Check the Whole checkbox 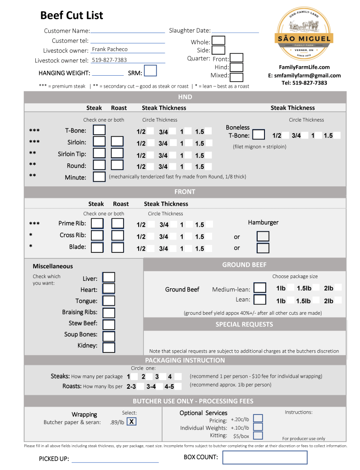[219, 41]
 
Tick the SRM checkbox [151, 71]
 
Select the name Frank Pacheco [110, 49]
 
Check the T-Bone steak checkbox [99, 130]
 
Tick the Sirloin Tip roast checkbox [118, 153]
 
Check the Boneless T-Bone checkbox [259, 135]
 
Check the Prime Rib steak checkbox [97, 224]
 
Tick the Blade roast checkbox [118, 247]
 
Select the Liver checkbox [109, 278]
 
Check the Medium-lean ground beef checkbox [260, 288]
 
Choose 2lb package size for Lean [329, 301]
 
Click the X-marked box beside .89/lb [131, 422]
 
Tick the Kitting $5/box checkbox [258, 436]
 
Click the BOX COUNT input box [265, 457]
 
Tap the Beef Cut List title [72, 16]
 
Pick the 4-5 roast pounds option [169, 386]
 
